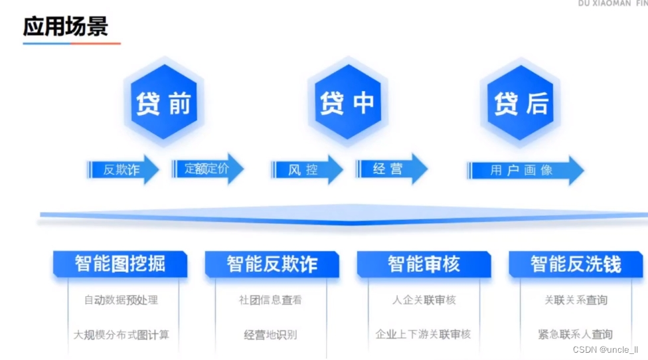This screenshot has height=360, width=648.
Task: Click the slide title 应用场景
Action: point(65,27)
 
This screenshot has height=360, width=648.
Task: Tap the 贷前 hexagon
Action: point(163,103)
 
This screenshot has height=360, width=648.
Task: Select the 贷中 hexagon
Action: point(347,102)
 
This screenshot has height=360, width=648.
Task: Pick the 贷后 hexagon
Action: point(521,103)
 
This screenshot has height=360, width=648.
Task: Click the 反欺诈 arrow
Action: point(123,169)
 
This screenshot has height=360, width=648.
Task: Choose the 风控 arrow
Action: point(305,169)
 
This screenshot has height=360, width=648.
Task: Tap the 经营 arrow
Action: point(390,169)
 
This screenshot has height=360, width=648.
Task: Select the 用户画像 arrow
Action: point(525,170)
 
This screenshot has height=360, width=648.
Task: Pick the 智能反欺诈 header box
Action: point(272,264)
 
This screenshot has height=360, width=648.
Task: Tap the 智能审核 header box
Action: point(424,264)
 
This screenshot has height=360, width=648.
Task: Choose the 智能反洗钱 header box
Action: point(576,264)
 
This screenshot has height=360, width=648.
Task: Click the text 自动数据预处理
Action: point(121,300)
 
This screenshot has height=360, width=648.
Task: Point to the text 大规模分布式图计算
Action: point(121,335)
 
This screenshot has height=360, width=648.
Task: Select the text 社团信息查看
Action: point(270,300)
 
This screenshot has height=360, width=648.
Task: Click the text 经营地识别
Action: point(270,335)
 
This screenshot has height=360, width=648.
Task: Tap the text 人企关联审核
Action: point(424,300)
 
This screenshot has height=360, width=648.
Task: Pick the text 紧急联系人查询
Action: point(575,335)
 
